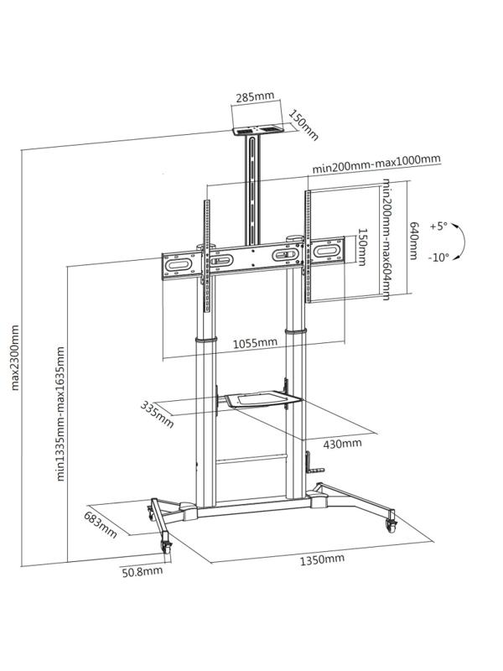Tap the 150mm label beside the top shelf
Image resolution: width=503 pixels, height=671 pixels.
pyautogui.click(x=303, y=124)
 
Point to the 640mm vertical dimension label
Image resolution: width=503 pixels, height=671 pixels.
pyautogui.click(x=413, y=240)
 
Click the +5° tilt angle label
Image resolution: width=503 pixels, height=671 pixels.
pyautogui.click(x=438, y=226)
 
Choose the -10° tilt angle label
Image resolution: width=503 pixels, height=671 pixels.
pyautogui.click(x=438, y=257)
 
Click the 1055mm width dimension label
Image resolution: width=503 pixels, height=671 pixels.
pyautogui.click(x=255, y=342)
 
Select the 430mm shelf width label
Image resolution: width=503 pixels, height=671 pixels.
pyautogui.click(x=344, y=443)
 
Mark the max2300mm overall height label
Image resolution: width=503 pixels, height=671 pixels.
pyautogui.click(x=15, y=358)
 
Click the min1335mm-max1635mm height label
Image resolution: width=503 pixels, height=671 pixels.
pyautogui.click(x=61, y=411)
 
